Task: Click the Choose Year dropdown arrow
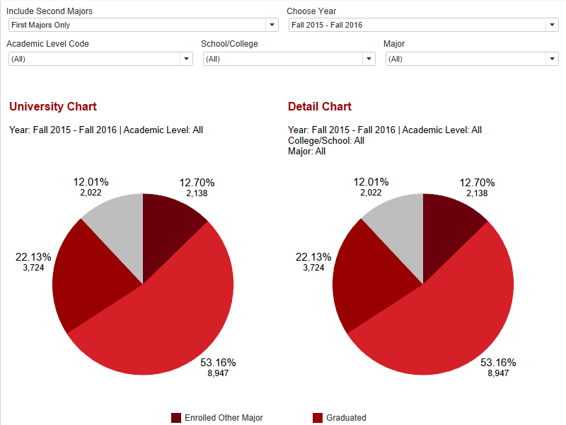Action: coord(553,25)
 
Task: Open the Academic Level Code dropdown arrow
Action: coord(187,59)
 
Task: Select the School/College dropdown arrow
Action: coord(369,59)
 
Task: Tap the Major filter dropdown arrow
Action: coord(553,59)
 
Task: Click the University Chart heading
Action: coord(52,107)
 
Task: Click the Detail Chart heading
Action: coord(319,107)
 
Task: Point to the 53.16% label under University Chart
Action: coord(218,363)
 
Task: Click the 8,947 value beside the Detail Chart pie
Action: coord(498,373)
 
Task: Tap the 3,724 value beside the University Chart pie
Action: coord(34,268)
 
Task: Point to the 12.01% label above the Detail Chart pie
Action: coord(371,182)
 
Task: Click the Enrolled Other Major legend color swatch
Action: coord(176,418)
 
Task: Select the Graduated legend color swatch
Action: coord(318,418)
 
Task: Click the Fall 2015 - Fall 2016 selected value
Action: coord(327,25)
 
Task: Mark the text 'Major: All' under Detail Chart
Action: coord(306,151)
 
